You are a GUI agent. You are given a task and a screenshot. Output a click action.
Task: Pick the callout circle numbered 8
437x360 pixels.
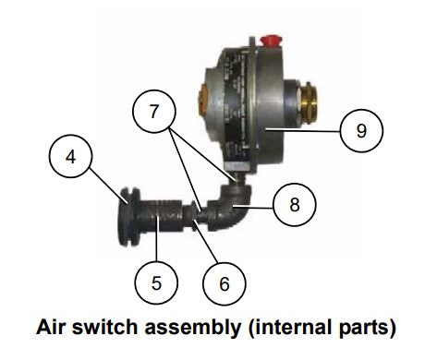(x=294, y=204)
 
